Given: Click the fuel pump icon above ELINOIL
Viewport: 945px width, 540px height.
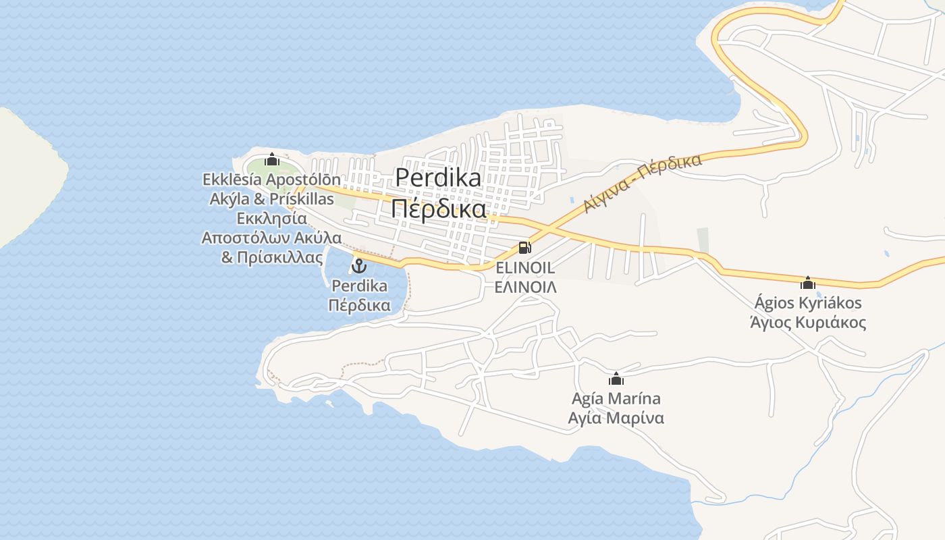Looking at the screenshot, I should pyautogui.click(x=524, y=248).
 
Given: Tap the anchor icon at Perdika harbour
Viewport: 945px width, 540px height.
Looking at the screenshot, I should pyautogui.click(x=359, y=265).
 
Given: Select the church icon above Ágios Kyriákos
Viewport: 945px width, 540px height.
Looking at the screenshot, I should pyautogui.click(x=807, y=282).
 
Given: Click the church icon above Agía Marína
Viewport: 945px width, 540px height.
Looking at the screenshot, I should pyautogui.click(x=616, y=379).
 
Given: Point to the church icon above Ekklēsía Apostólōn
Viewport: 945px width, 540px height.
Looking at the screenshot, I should pyautogui.click(x=271, y=159).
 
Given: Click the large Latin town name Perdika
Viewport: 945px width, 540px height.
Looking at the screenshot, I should pyautogui.click(x=438, y=178).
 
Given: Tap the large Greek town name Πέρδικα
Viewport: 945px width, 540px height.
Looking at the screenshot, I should pyautogui.click(x=438, y=209).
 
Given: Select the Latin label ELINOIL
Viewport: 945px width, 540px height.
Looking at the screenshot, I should pyautogui.click(x=525, y=267).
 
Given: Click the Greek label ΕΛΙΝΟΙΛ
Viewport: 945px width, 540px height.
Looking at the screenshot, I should pyautogui.click(x=525, y=287).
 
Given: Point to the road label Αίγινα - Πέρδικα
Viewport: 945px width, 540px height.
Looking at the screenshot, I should pyautogui.click(x=643, y=182).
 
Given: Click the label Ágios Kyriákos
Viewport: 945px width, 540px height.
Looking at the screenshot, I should pyautogui.click(x=807, y=302).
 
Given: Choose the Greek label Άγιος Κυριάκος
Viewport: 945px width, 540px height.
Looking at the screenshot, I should pyautogui.click(x=807, y=322).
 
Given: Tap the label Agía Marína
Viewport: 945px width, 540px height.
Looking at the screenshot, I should pyautogui.click(x=616, y=398).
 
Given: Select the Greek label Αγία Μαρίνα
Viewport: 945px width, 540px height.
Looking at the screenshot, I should pyautogui.click(x=616, y=418).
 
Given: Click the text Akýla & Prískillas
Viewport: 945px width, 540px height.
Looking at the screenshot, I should pyautogui.click(x=271, y=199).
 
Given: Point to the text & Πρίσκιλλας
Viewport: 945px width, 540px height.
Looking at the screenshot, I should pyautogui.click(x=271, y=257).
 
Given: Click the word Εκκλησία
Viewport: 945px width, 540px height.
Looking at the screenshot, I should pyautogui.click(x=271, y=219).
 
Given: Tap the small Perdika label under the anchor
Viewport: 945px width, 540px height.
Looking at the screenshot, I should pyautogui.click(x=359, y=286).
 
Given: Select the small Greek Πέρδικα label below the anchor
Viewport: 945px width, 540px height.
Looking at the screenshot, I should pyautogui.click(x=359, y=305).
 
